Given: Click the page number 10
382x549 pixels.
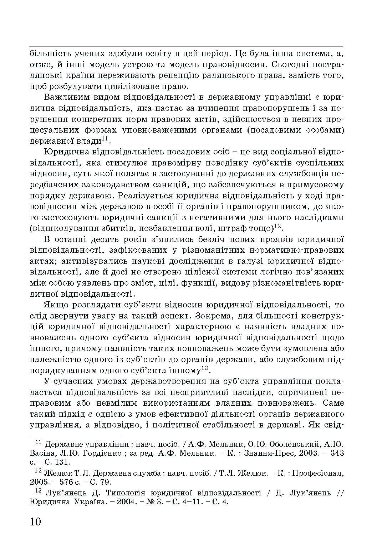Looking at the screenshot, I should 36,521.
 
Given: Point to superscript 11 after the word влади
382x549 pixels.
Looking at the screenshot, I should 105,138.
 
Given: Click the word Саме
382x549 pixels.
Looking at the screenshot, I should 333,403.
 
